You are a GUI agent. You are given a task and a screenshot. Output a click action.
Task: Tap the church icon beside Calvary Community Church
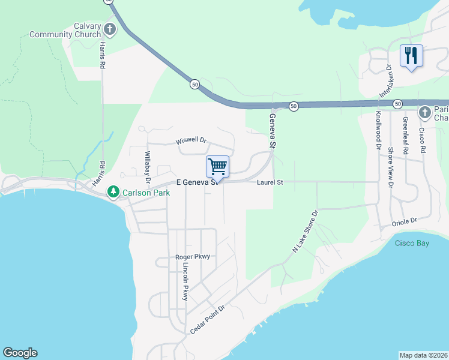pyautogui.click(x=110, y=28)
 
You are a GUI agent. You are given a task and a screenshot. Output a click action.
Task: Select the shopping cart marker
pyautogui.click(x=217, y=166)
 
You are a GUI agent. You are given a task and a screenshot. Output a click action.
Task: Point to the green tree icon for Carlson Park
pyautogui.click(x=112, y=193)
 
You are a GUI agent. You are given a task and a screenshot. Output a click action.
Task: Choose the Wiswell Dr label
pyautogui.click(x=191, y=141)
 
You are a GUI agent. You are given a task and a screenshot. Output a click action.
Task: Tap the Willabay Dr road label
pyautogui.click(x=147, y=166)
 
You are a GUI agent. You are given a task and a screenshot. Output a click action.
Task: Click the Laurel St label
pyautogui.click(x=270, y=182)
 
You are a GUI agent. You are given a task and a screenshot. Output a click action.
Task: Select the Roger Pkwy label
pyautogui.click(x=193, y=257)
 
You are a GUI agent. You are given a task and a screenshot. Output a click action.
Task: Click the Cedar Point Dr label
pyautogui.click(x=207, y=319)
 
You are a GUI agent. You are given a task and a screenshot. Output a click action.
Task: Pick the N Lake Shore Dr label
pyautogui.click(x=304, y=231)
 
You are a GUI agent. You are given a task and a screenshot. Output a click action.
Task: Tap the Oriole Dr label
pyautogui.click(x=404, y=222)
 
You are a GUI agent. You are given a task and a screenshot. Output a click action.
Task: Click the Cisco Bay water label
pyautogui.click(x=412, y=243)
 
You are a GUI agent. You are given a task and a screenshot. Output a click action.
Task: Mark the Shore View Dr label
pyautogui.click(x=391, y=168)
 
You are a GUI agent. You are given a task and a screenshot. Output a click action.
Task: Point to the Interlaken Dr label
pyautogui.click(x=385, y=81)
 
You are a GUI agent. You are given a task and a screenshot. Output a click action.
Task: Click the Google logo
pyautogui.click(x=20, y=353)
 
